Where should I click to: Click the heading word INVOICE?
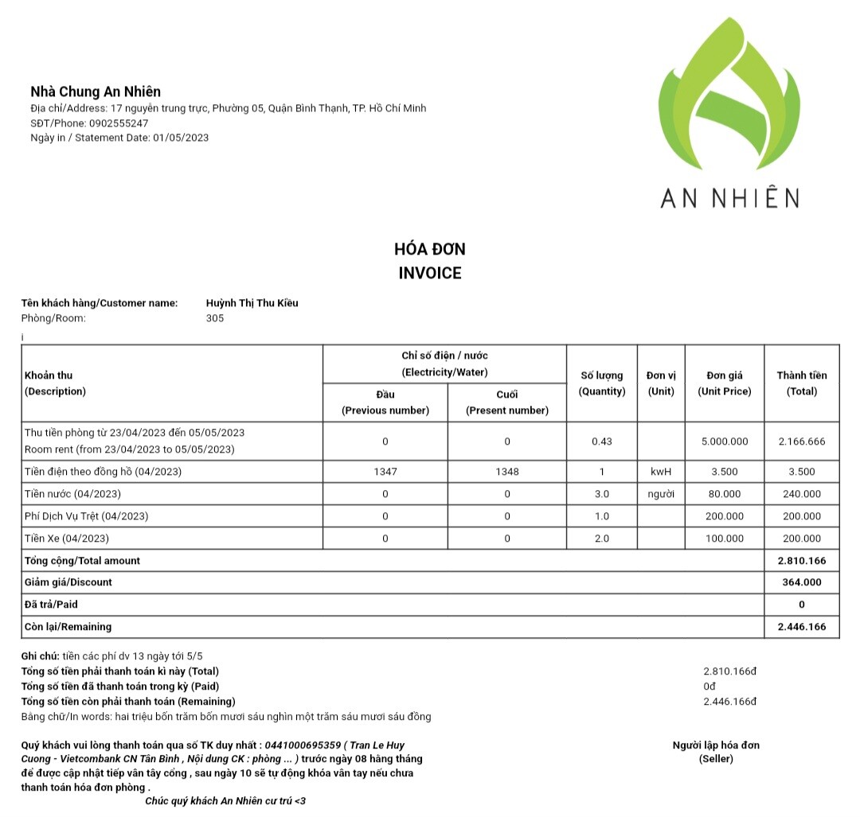[430, 274]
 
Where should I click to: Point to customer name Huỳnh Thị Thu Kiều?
[252, 303]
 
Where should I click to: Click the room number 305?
[215, 318]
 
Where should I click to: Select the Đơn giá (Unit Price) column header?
[724, 383]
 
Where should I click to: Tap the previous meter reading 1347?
[385, 472]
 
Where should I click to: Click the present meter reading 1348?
[506, 472]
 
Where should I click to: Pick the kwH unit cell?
[661, 472]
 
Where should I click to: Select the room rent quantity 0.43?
[602, 442]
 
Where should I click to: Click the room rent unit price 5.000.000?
[724, 442]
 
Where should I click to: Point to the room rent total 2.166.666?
[802, 442]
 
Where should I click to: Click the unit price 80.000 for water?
[724, 494]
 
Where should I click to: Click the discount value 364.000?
[802, 582]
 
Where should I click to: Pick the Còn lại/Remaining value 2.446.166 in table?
[802, 627]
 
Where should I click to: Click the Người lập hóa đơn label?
[716, 745]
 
